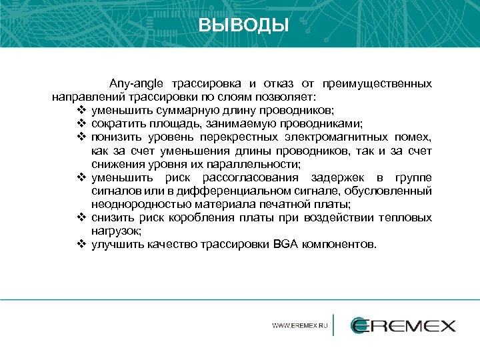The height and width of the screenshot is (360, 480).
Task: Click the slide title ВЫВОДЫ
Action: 243,25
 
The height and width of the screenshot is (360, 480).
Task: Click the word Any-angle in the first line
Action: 137,84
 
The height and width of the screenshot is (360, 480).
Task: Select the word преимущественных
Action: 377,84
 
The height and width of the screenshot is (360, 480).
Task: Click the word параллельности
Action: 256,164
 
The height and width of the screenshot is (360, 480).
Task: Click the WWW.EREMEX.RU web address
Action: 300,326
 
